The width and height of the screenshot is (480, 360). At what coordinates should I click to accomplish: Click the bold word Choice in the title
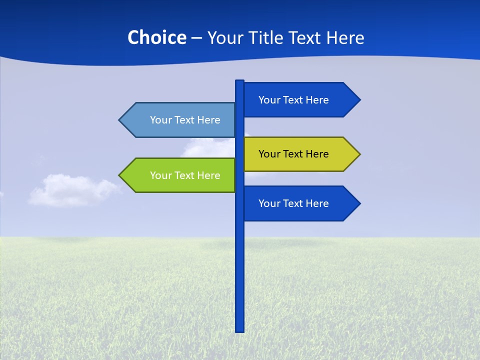click(156, 37)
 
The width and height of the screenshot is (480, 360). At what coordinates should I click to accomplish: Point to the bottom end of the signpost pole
click(239, 330)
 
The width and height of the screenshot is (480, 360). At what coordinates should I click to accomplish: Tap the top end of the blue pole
click(239, 82)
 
